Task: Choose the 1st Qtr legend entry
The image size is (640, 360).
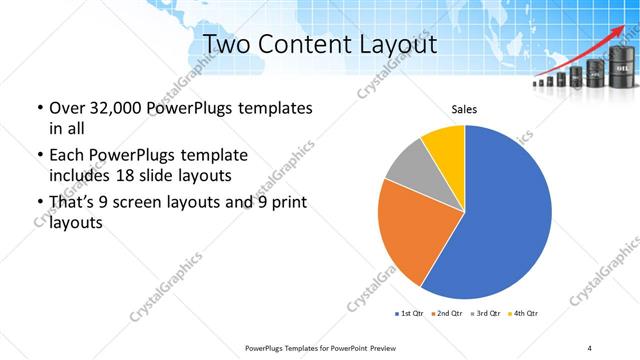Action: pos(410,314)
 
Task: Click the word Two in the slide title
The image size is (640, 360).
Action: pos(226,44)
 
